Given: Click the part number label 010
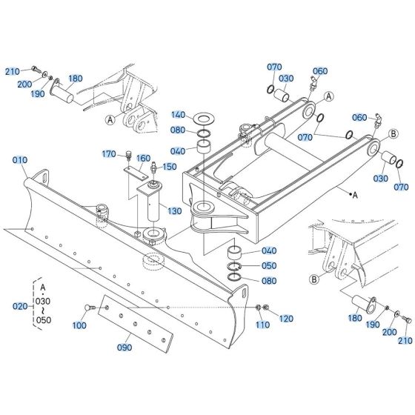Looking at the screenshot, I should [x=19, y=160].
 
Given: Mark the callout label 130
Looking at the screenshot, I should [x=173, y=212].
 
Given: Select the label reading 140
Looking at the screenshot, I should [x=177, y=115].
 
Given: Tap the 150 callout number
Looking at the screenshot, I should [x=169, y=167].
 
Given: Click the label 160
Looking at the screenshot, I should [x=143, y=158].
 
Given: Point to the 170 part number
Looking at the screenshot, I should [x=110, y=154].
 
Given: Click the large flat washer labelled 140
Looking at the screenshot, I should [x=204, y=118].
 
